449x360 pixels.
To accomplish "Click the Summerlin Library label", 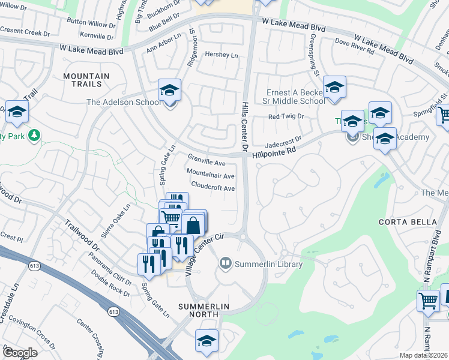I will [269, 264].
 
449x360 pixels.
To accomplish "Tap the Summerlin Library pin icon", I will [226, 262].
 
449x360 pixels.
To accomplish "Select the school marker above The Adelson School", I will [170, 91].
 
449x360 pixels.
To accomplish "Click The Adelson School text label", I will [124, 102].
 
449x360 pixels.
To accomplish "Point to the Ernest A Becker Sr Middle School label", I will [296, 97].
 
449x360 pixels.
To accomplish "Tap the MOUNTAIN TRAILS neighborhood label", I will [86, 80].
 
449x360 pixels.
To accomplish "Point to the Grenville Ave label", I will [206, 163].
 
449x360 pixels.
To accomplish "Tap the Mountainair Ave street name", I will [210, 176].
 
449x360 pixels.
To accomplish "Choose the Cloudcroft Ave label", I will [212, 188].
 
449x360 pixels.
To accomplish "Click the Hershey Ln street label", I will [221, 55].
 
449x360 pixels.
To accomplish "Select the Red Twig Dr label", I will [286, 116].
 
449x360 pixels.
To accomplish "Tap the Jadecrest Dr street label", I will [283, 141].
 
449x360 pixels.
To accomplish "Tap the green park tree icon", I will [35, 136].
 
